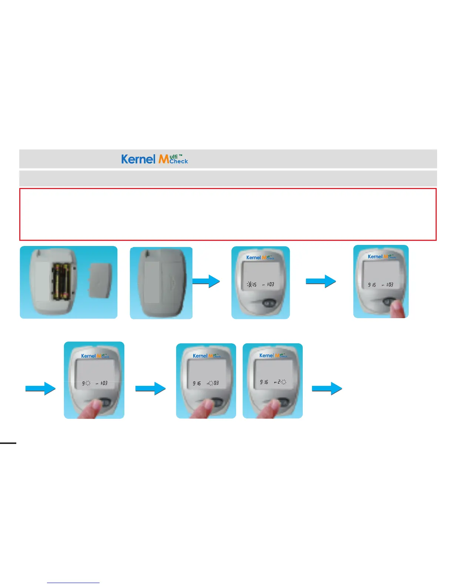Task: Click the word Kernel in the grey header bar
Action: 138,159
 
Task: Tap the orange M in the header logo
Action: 164,159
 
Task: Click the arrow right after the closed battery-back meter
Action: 206,281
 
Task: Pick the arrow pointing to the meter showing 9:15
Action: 321,281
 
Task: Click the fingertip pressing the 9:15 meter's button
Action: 399,309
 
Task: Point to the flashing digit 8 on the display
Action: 250,284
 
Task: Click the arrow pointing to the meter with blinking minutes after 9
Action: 40,388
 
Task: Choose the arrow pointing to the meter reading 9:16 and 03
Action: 150,388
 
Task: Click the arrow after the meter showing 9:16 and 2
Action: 327,388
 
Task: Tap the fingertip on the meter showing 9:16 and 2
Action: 271,409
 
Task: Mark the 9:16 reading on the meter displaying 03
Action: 197,384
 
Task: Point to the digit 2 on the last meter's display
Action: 279,382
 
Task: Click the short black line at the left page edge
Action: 8,442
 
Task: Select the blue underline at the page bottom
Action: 73,583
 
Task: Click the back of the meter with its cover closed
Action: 161,283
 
